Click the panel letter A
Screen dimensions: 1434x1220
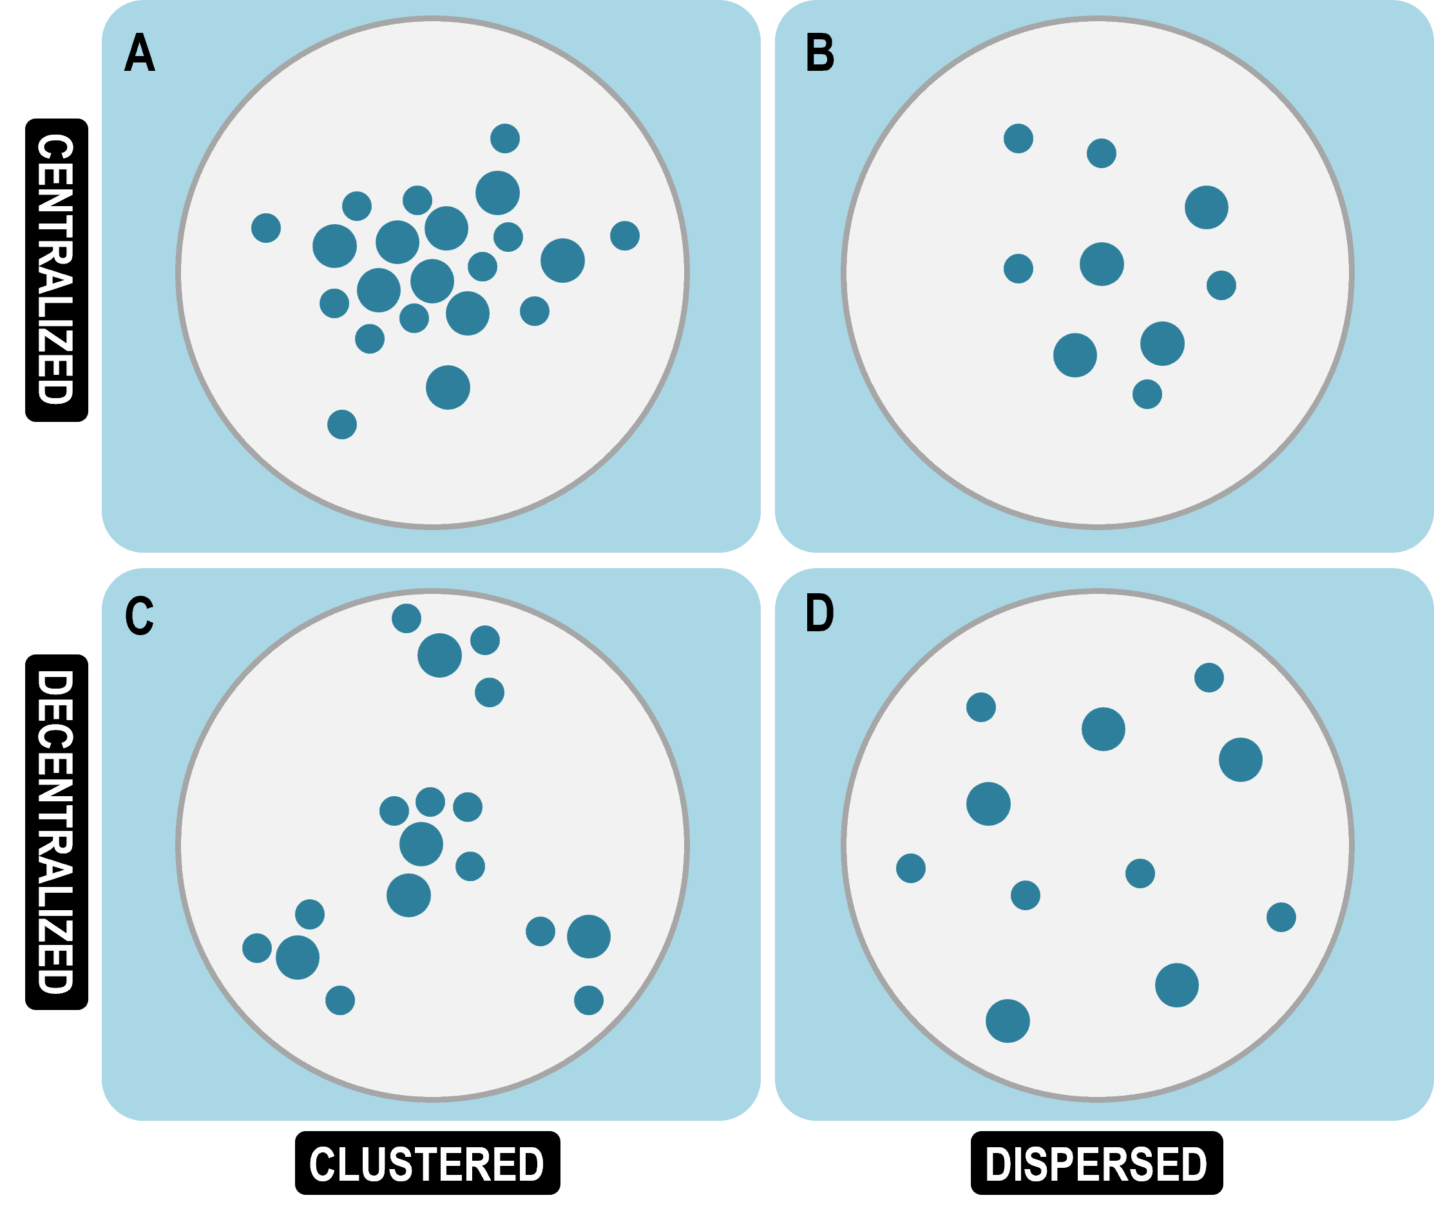(x=140, y=53)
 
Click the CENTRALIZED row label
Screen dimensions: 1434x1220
(x=57, y=270)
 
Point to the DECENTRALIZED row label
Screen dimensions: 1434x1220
(x=57, y=832)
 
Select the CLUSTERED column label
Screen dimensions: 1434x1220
(x=428, y=1164)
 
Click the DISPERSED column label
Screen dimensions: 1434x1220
(x=1097, y=1164)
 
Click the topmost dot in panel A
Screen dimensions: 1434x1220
(x=505, y=138)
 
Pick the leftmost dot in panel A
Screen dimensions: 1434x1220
(x=265, y=227)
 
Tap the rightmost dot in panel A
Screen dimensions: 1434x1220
(x=625, y=236)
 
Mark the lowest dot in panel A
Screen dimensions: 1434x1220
(x=341, y=424)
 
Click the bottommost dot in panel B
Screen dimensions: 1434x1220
(x=1147, y=394)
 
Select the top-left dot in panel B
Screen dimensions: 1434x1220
(x=1018, y=138)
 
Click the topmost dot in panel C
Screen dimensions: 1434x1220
(x=406, y=618)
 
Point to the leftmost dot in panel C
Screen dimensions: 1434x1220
(x=256, y=948)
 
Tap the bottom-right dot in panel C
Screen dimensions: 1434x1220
(x=589, y=1000)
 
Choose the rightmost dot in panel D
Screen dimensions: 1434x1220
(x=1281, y=917)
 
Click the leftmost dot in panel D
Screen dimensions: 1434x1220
(x=910, y=868)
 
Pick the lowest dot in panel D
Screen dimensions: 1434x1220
(x=1007, y=1021)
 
